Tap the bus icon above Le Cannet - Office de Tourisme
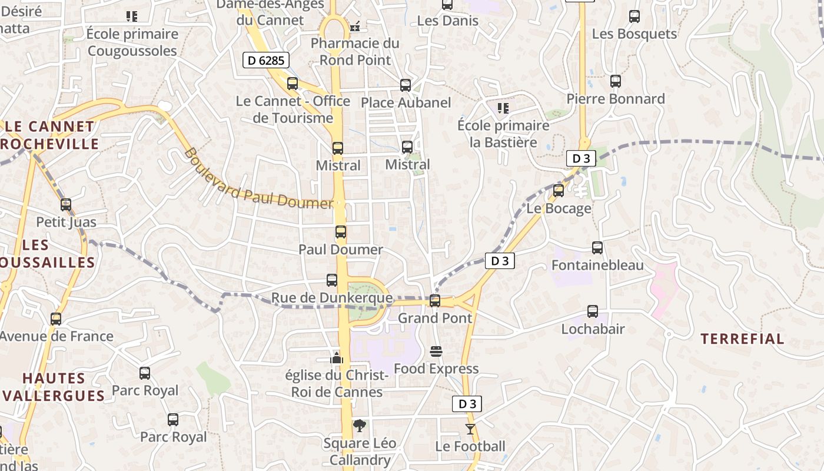293,84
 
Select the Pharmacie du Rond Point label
355,52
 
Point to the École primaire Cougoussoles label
132,42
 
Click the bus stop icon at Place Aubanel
406,85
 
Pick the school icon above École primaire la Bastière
503,108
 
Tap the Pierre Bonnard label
616,99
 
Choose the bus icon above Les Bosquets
634,16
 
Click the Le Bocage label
559,208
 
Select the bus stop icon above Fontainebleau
597,248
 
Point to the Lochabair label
593,329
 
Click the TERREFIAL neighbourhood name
742,339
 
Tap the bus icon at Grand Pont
435,301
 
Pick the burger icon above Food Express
436,351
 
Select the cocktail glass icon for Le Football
470,429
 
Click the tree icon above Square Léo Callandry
359,426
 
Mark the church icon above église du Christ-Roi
337,357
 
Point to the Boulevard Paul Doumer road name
259,180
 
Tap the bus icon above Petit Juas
66,205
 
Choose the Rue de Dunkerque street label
332,298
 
